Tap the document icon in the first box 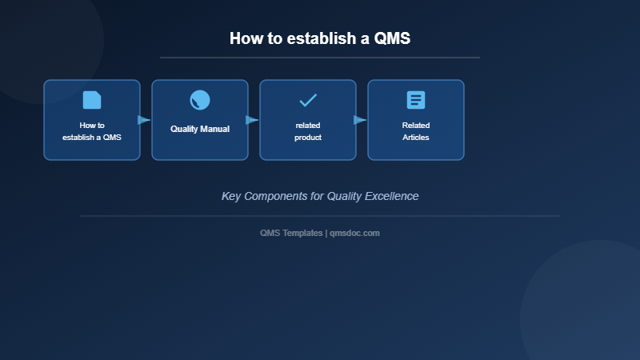click(x=92, y=100)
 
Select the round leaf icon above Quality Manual click(x=200, y=100)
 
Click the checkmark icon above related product click(x=308, y=100)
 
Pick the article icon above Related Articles click(x=416, y=100)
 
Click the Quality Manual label click(x=200, y=129)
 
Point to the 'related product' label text click(x=308, y=131)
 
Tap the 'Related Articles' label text click(x=416, y=131)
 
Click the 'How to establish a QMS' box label click(x=92, y=131)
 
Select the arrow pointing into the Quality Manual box click(x=144, y=120)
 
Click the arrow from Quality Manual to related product click(x=252, y=120)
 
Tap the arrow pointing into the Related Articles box click(x=360, y=120)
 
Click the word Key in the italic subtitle click(x=231, y=196)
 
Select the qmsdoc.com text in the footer click(x=354, y=233)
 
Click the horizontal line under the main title click(x=320, y=58)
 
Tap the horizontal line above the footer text click(x=320, y=216)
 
